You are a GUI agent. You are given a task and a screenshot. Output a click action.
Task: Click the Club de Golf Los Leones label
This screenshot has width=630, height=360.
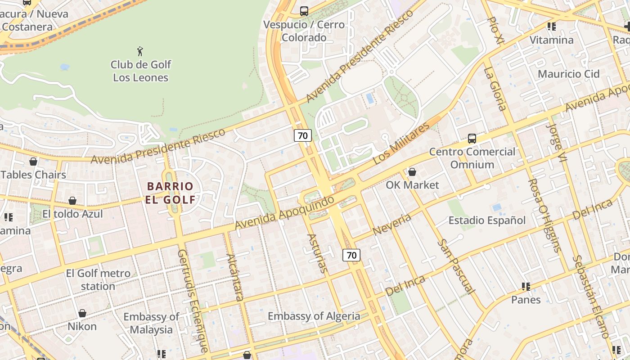(x=140, y=71)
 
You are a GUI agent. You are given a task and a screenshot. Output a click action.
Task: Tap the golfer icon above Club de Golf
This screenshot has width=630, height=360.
(x=140, y=51)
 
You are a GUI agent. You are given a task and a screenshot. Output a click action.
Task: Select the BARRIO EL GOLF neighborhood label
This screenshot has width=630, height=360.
(x=170, y=193)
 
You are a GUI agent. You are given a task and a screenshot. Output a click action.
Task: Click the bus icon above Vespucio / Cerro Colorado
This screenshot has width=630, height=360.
(x=304, y=11)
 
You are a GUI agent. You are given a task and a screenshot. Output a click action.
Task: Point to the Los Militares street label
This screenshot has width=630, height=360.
(x=401, y=144)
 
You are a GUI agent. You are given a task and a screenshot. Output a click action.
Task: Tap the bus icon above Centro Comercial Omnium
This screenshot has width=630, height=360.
(x=472, y=139)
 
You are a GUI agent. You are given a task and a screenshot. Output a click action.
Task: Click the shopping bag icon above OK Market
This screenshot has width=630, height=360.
(x=412, y=172)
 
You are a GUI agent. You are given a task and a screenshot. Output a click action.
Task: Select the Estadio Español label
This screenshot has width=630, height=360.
(x=487, y=220)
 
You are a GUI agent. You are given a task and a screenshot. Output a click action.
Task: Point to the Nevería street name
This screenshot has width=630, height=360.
(x=392, y=225)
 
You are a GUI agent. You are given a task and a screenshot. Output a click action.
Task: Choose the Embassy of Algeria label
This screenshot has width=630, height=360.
(x=314, y=316)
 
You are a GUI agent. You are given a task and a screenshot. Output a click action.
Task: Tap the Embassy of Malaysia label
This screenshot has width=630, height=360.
(x=151, y=323)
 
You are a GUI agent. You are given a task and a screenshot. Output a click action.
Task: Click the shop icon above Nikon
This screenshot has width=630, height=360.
(x=82, y=313)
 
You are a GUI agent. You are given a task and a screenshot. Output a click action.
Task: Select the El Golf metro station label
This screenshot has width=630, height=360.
(x=98, y=279)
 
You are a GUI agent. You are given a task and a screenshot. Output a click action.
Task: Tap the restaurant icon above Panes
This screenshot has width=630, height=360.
(x=526, y=286)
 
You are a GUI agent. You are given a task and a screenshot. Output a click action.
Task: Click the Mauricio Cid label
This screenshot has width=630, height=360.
(x=569, y=74)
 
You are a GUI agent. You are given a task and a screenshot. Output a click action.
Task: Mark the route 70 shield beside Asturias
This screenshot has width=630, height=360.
(x=351, y=255)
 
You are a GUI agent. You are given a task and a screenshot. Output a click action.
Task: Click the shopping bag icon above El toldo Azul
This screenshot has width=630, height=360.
(x=72, y=201)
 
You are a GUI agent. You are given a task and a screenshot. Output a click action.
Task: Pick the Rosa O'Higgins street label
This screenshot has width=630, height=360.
(x=544, y=215)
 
